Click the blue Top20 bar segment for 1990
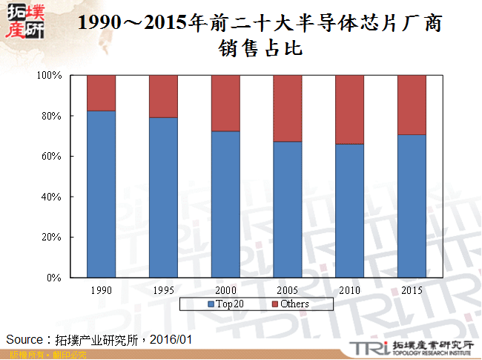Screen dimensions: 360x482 pos(101,194)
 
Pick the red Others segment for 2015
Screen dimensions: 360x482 pos(412,105)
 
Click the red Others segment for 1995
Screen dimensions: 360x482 pos(163,96)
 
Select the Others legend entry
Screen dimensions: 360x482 pos(290,304)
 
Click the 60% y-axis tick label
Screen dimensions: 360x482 pos(52,157)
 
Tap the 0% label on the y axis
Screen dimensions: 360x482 pos(55,278)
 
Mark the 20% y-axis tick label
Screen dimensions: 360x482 pos(52,238)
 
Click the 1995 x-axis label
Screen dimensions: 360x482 pos(163,289)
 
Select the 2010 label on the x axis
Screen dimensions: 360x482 pos(349,289)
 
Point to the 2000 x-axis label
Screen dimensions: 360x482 pos(225,289)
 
